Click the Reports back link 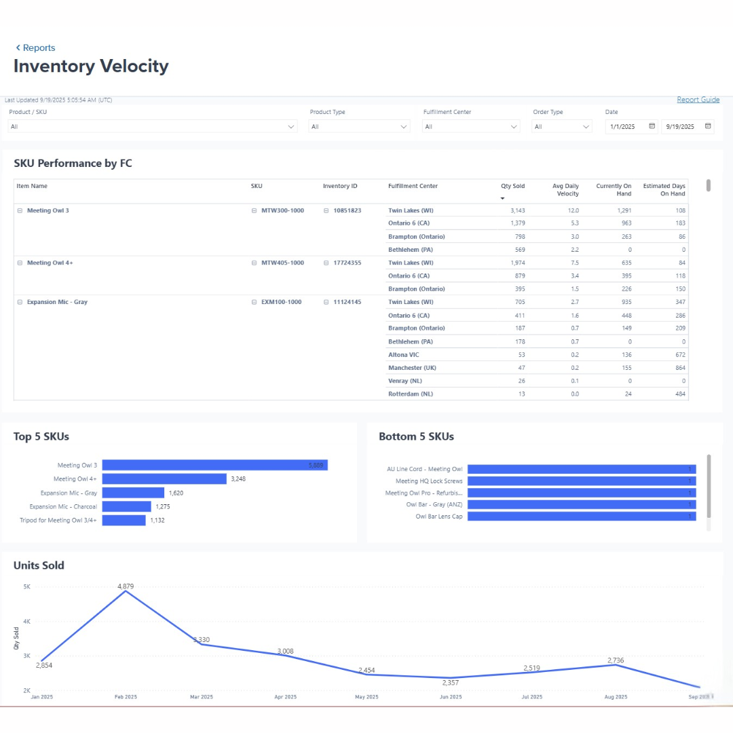[35, 48]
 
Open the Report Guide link [698, 100]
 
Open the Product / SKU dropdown [153, 126]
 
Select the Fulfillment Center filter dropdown [471, 126]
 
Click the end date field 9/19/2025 [687, 126]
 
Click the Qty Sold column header [512, 186]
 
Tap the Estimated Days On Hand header [664, 189]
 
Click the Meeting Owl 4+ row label [50, 263]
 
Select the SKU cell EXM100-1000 [281, 302]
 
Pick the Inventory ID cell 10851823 [347, 210]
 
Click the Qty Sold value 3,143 [517, 210]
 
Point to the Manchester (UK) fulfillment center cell [412, 368]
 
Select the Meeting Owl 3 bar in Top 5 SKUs [214, 465]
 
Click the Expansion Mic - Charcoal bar [126, 506]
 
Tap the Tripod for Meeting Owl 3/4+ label [58, 520]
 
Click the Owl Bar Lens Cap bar [581, 516]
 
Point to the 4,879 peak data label [126, 586]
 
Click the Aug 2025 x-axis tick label [615, 697]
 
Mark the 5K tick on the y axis [26, 586]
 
